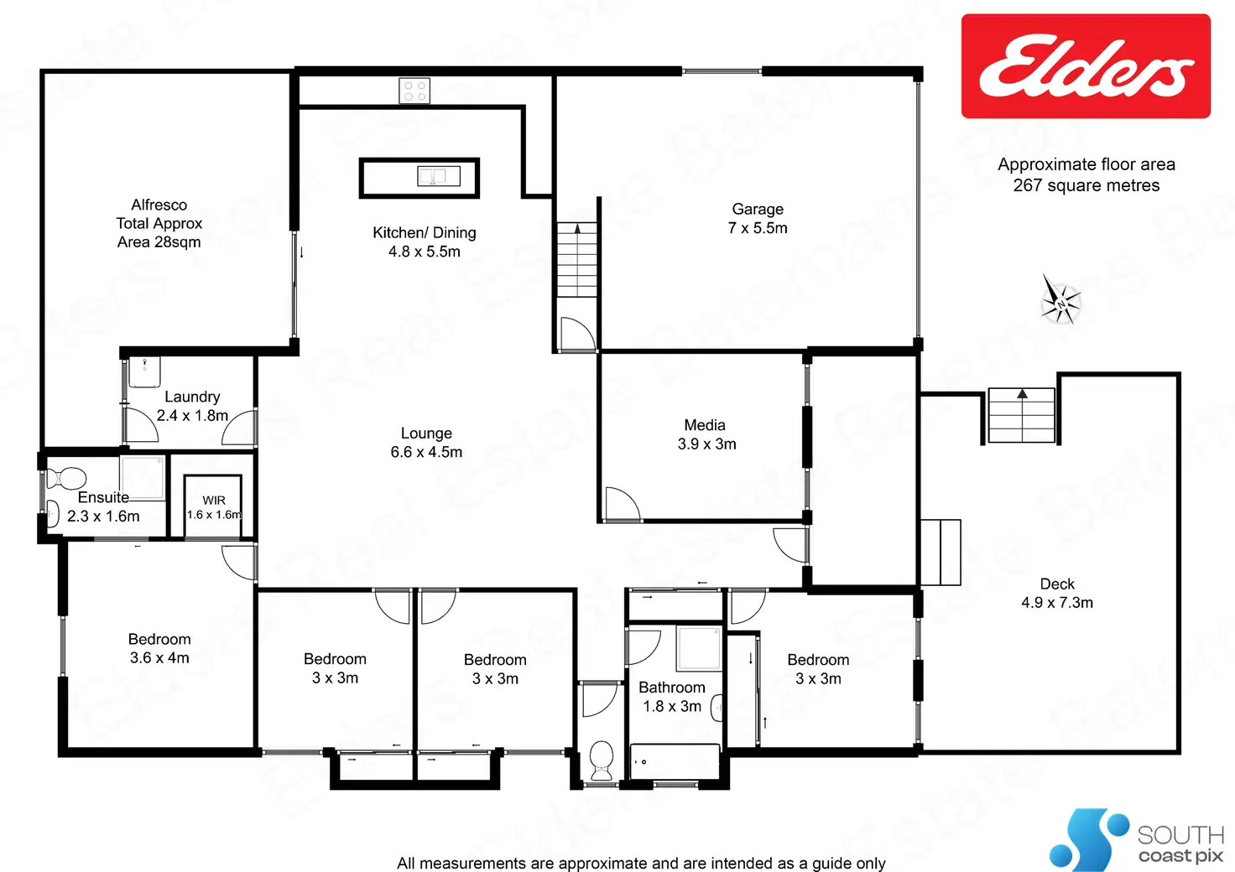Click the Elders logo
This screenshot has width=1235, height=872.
pos(1086,66)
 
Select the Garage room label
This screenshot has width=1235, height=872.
pos(758,209)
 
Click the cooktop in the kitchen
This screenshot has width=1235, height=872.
pos(414,91)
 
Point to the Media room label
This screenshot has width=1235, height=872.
pos(705,425)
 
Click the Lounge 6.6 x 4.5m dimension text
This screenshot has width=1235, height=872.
pos(426,452)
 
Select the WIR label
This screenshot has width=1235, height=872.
pos(214,500)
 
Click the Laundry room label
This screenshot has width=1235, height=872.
pos(192,397)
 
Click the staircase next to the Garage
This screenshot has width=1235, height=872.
pos(576,259)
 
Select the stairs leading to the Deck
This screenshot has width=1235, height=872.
pos(1021,415)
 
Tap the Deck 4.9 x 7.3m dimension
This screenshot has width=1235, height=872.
pos(1057,603)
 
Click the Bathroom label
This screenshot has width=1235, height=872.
pos(671,688)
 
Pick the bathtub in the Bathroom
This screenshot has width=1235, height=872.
pos(674,761)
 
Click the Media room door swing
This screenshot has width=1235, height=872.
pos(621,503)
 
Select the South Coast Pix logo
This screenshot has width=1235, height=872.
pos(1137,840)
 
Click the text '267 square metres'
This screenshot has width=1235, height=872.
pos(1086,185)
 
